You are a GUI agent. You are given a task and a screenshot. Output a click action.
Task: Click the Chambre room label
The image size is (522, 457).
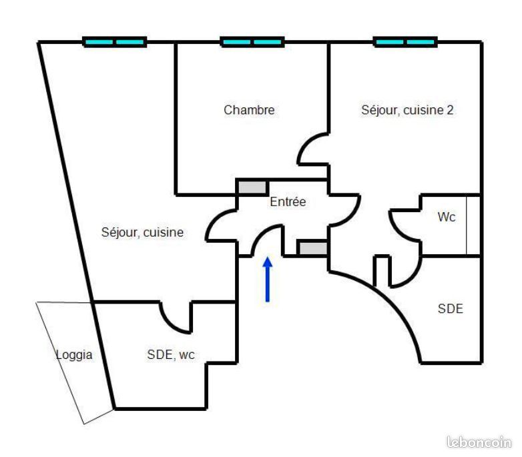(x=249, y=110)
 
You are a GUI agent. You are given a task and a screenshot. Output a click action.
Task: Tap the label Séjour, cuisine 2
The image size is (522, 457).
(x=407, y=110)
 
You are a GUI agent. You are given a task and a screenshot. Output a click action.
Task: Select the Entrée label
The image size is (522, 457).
(x=288, y=201)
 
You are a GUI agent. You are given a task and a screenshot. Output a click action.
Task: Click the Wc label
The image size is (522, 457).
(x=446, y=217)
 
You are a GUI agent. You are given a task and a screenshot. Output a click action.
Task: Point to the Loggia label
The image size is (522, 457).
(x=74, y=355)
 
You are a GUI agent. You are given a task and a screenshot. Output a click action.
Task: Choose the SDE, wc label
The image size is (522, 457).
(x=171, y=354)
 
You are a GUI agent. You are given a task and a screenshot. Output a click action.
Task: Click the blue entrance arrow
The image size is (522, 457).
(x=267, y=280)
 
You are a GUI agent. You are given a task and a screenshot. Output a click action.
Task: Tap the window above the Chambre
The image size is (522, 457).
(x=252, y=42)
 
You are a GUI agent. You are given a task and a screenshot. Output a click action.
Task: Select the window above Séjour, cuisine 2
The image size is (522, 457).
(x=405, y=42)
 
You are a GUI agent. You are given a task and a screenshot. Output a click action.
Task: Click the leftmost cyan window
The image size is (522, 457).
(x=115, y=42)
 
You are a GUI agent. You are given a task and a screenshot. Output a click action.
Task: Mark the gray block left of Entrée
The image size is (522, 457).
(x=253, y=187)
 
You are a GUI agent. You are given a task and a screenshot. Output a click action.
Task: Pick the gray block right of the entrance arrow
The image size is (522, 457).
(x=312, y=248)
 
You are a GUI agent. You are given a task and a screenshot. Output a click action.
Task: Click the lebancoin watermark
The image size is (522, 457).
(x=479, y=442)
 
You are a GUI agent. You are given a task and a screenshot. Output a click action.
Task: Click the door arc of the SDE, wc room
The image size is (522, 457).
(x=169, y=324)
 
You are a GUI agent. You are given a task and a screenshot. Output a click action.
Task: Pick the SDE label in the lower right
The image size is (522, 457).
(x=450, y=309)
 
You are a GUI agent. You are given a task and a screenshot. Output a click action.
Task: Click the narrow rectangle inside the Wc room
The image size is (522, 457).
(x=473, y=225)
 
